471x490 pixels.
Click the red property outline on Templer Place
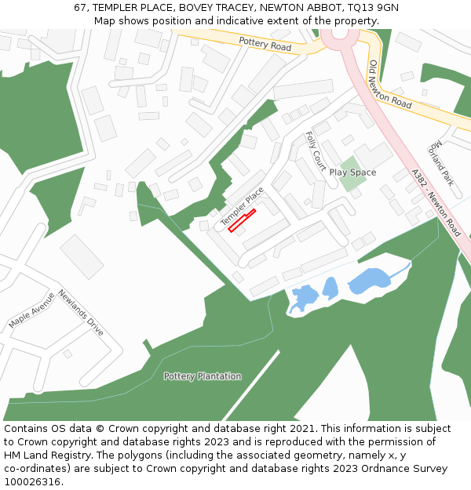click(242, 220)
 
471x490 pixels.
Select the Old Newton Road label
click(390, 84)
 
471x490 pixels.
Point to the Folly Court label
click(316, 151)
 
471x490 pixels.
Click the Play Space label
click(352, 172)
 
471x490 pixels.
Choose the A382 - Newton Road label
click(436, 203)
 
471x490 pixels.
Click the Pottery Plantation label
click(203, 376)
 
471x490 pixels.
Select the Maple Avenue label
click(31, 310)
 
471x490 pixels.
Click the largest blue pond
click(368, 280)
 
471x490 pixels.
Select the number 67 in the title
click(80, 7)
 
